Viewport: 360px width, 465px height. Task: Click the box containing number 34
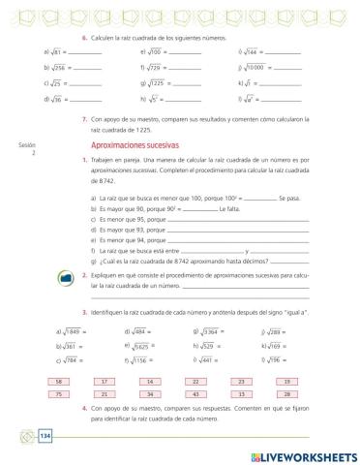click(150, 395)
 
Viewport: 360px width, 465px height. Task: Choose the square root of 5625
click(141, 346)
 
